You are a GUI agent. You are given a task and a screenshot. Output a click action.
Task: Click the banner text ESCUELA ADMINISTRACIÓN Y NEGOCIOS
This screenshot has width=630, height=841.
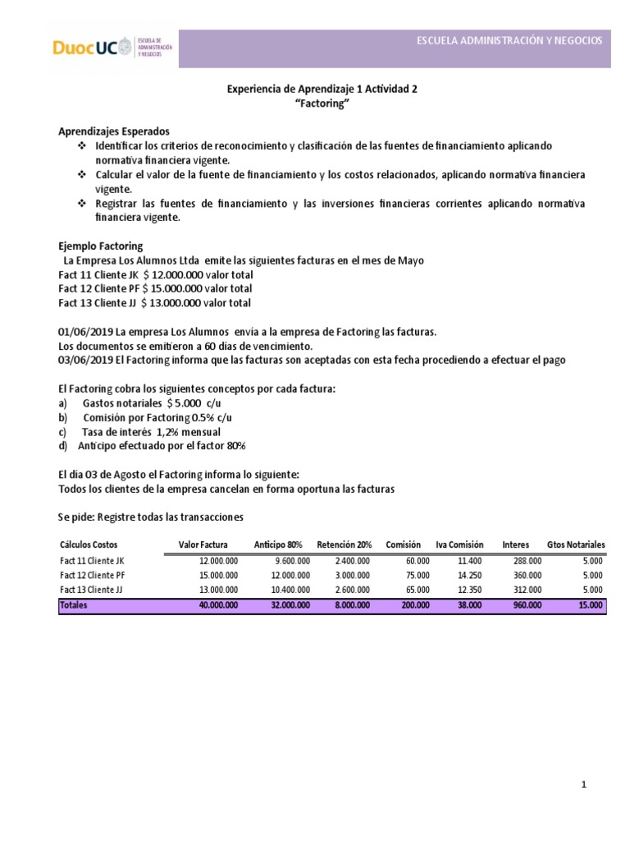tap(509, 40)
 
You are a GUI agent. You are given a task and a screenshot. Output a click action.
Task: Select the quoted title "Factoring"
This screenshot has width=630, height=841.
tap(322, 104)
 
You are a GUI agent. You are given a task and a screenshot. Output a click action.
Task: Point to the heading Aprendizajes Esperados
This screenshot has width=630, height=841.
tap(114, 131)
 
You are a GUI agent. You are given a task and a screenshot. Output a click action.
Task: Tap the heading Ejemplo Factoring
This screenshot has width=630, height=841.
tap(100, 246)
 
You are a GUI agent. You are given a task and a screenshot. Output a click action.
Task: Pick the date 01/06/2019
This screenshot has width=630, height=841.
tap(86, 331)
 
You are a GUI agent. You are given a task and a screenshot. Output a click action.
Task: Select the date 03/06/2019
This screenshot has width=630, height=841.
tap(86, 360)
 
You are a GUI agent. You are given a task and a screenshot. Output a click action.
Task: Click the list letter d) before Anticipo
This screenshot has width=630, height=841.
tap(64, 445)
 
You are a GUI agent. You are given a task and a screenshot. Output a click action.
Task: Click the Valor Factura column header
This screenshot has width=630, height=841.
tap(203, 545)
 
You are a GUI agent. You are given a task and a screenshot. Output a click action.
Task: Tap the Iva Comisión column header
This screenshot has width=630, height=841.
tap(459, 545)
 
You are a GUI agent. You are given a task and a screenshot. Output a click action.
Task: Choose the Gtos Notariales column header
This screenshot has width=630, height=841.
tap(575, 545)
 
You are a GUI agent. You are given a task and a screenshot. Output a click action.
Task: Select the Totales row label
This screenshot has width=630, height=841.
tap(73, 604)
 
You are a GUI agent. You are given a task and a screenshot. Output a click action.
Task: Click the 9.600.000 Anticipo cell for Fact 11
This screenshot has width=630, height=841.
tap(290, 560)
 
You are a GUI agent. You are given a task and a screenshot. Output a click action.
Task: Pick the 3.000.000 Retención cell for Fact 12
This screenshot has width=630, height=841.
tap(352, 575)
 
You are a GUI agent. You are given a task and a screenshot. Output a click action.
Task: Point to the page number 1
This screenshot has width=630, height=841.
tap(583, 784)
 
